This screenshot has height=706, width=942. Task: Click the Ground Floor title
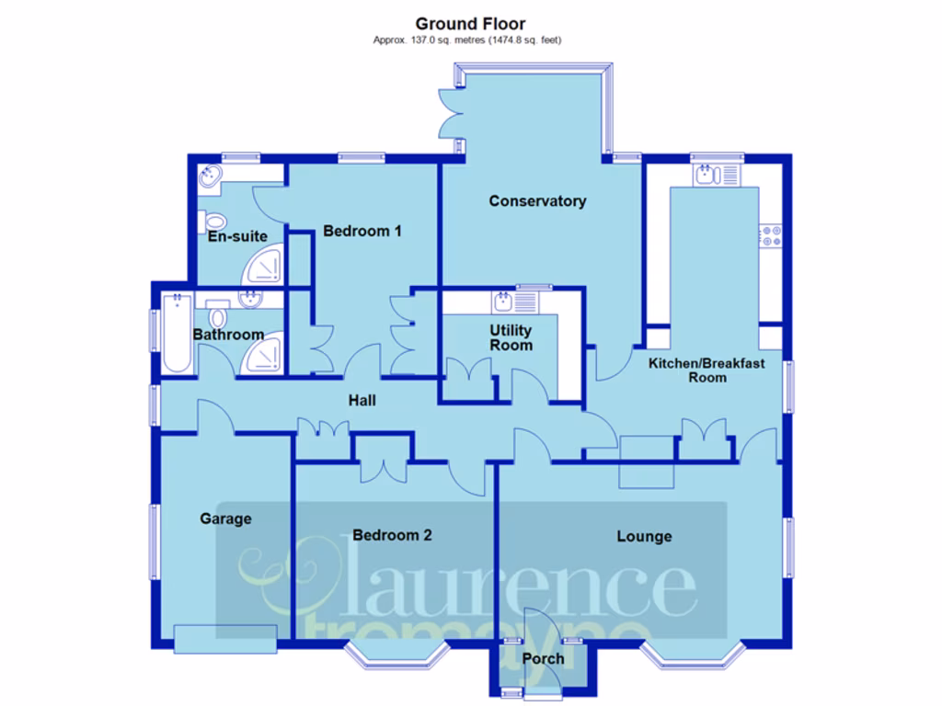click(x=470, y=24)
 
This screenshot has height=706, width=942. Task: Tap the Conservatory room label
click(x=537, y=200)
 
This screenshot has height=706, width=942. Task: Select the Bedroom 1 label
click(x=362, y=231)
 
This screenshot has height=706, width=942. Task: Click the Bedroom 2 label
click(x=392, y=535)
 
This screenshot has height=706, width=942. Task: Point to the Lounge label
click(x=644, y=536)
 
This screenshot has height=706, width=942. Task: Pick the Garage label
click(x=225, y=518)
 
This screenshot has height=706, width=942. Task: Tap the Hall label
click(x=362, y=401)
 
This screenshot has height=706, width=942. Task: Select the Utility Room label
click(x=511, y=337)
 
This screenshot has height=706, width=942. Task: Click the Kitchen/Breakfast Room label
click(x=706, y=370)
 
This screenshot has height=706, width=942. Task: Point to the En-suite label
click(x=237, y=236)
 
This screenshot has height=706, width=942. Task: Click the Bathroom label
click(x=228, y=335)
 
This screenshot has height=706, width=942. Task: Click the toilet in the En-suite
click(x=214, y=221)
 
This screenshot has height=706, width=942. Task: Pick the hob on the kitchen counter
click(x=769, y=235)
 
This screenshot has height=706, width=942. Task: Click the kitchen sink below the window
click(x=706, y=173)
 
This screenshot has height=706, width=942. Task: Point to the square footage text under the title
click(x=466, y=40)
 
